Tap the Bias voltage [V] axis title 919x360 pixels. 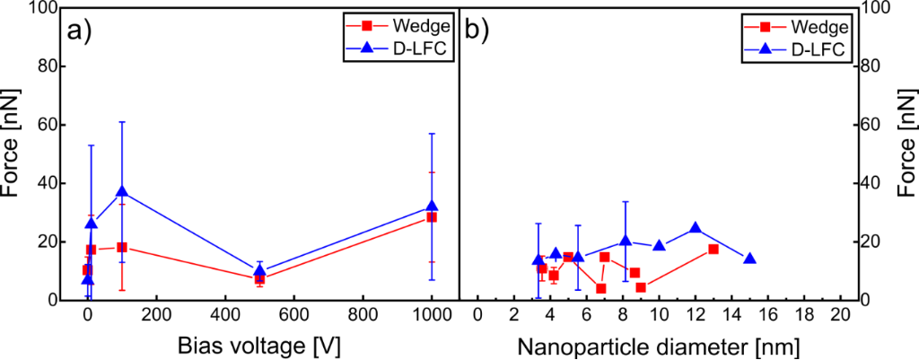coord(259,346)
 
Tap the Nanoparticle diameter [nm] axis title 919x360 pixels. coord(658,346)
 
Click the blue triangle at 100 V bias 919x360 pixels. coord(122,191)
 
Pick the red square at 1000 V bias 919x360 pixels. coord(433,217)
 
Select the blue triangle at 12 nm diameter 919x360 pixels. coord(696,228)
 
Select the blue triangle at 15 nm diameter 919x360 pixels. coord(749,259)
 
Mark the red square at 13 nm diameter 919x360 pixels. coord(713,249)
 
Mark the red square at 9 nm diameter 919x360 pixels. coord(641,287)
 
